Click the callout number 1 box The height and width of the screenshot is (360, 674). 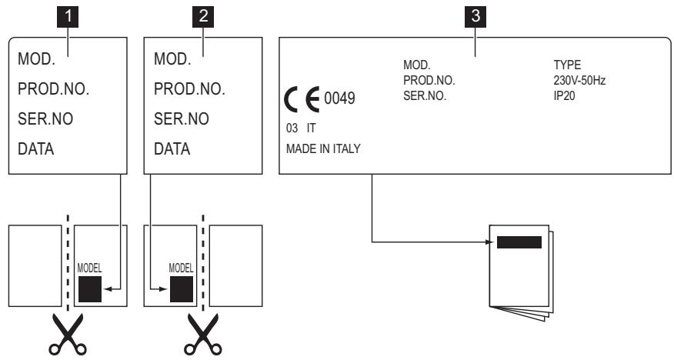point(67,15)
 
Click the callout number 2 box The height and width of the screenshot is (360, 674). point(202,15)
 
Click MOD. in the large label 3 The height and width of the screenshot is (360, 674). point(416,67)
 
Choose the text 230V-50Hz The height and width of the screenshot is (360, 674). point(575,80)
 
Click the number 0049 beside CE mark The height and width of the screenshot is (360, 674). point(339,100)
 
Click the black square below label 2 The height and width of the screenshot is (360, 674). point(182,288)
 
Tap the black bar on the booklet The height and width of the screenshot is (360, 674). point(519,243)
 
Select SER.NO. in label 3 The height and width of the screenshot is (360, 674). point(425,93)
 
